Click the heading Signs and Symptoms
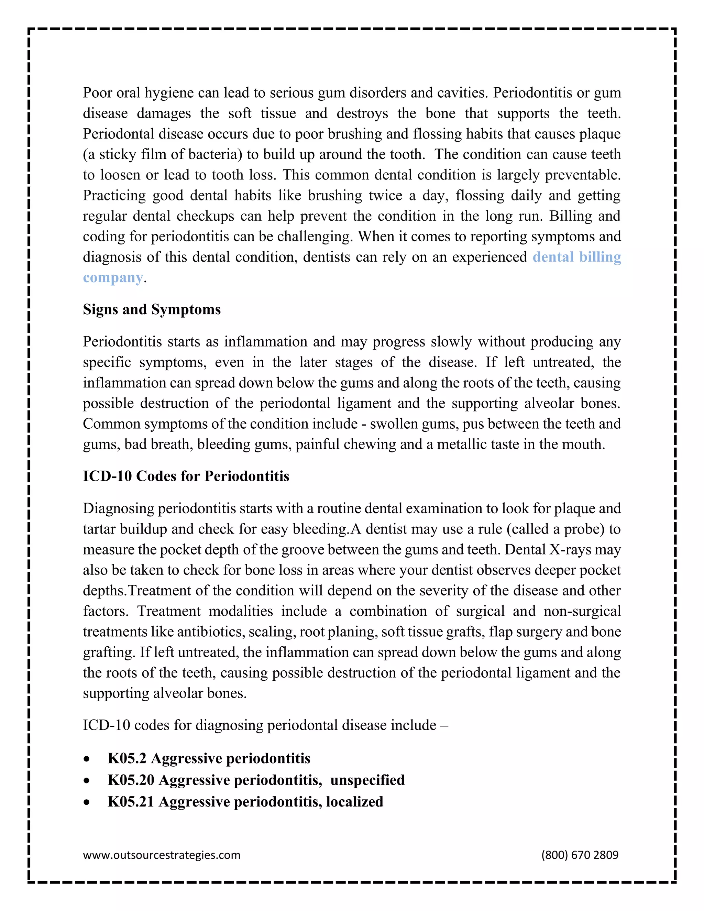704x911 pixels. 152,309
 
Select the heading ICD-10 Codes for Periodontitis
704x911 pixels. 186,476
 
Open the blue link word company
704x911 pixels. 113,277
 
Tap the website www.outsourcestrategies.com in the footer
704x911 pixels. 162,855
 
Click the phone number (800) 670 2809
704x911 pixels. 580,855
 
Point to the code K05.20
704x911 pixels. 131,780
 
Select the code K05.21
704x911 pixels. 131,802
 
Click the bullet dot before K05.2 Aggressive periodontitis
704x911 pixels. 86,759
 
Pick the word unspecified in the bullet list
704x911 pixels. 367,780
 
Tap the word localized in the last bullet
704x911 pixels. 354,802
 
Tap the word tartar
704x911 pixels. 99,529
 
